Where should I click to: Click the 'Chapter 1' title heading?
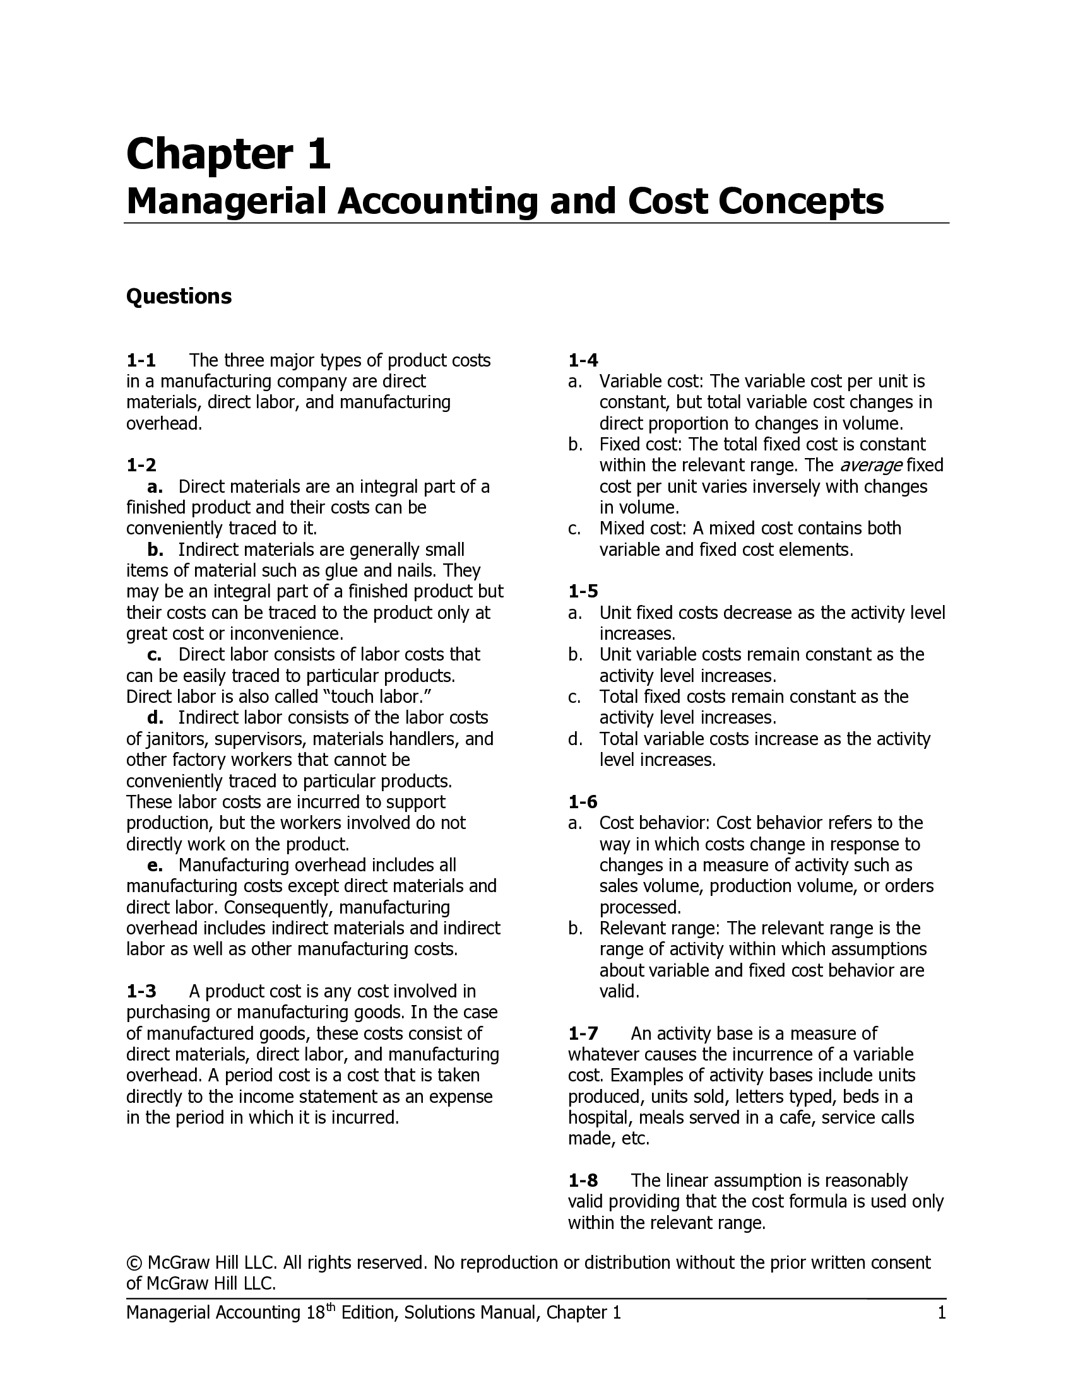coord(228,155)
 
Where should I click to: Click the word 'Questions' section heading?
coord(179,296)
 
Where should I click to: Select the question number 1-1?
coord(141,361)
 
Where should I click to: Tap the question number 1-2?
coord(141,466)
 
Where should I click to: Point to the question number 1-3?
coord(141,991)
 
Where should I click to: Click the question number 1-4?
coord(583,361)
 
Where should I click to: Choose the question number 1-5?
coord(583,592)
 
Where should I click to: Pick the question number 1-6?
coord(583,802)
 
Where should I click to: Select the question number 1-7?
coord(583,1033)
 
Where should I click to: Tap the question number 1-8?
coord(583,1181)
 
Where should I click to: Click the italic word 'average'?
coord(870,466)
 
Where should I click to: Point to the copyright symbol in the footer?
coord(133,1263)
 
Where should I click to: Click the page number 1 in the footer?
coord(942,1313)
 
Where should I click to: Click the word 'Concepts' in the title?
coord(801,201)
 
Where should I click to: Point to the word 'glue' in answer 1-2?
coord(342,571)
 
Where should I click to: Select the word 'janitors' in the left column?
coord(173,740)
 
